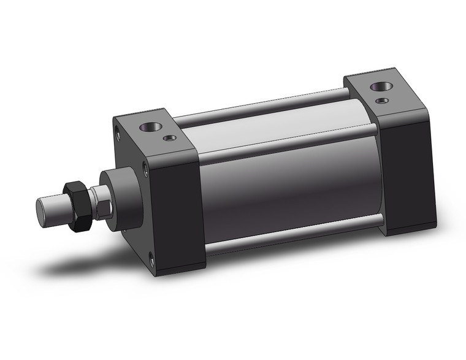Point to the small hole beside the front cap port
point(170,138)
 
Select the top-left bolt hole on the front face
point(117,131)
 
